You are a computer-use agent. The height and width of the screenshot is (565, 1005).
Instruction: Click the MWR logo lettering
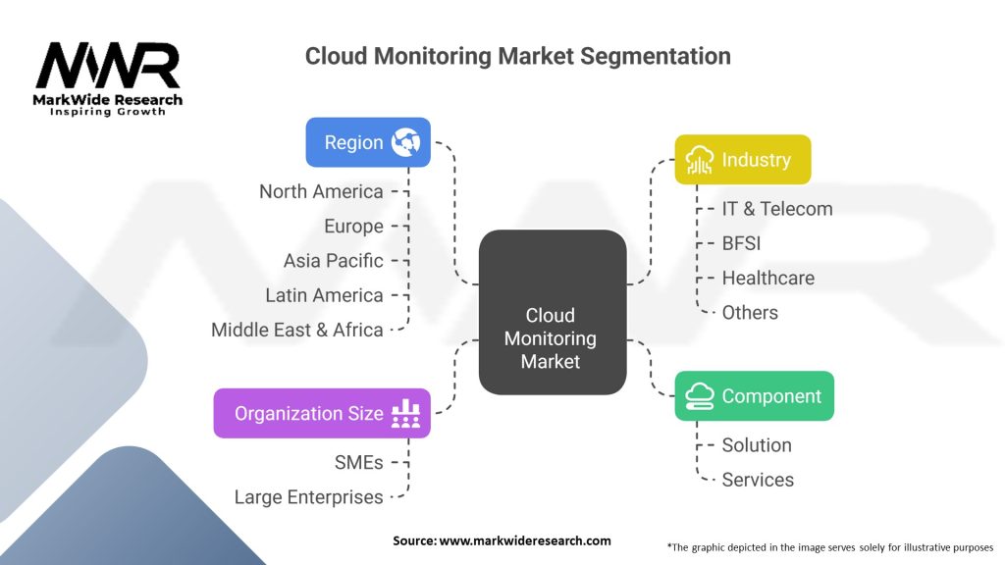(108, 66)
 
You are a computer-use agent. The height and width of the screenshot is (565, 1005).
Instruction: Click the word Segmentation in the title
(655, 56)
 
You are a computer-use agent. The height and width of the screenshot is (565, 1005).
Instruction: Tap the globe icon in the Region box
(405, 142)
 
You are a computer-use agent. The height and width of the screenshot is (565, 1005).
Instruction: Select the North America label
(321, 191)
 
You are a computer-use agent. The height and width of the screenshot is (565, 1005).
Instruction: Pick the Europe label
(353, 227)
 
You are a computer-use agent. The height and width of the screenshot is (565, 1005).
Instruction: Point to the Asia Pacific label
(334, 261)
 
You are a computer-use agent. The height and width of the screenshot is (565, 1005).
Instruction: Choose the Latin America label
(324, 295)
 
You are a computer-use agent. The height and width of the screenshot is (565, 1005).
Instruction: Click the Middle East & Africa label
(297, 330)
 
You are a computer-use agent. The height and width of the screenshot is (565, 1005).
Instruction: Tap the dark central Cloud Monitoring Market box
(552, 312)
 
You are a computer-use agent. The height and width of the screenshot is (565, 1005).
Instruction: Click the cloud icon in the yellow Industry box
(699, 160)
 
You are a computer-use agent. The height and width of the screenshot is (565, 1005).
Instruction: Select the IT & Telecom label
(777, 209)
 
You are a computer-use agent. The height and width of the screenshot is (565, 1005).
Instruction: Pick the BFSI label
(742, 243)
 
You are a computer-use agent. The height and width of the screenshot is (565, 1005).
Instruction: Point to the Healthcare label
(768, 278)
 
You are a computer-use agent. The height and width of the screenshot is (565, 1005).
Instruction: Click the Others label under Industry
(750, 313)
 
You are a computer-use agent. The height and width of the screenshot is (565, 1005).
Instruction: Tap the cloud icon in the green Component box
(699, 396)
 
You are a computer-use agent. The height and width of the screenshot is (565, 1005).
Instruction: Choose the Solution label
(757, 445)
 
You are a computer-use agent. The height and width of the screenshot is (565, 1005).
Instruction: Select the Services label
(759, 480)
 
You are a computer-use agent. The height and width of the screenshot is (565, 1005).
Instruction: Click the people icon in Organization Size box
(405, 414)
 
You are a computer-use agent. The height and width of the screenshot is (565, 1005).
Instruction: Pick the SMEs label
(359, 463)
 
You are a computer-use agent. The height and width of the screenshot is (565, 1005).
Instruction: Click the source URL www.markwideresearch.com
(525, 540)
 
